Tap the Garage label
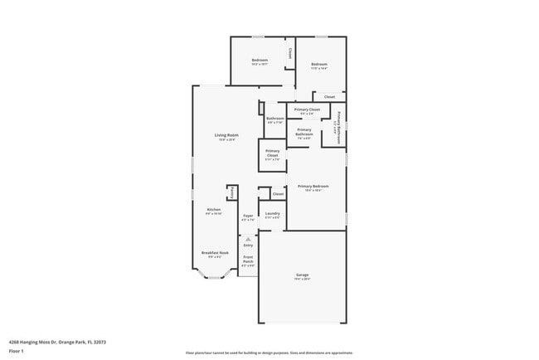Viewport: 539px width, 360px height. click(x=302, y=275)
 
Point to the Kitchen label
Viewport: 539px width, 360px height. click(x=214, y=210)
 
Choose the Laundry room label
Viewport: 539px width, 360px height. click(x=272, y=213)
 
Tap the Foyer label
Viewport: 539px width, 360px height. click(x=248, y=216)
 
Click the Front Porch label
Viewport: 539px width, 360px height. click(x=248, y=260)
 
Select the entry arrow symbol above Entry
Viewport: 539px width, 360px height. click(x=248, y=239)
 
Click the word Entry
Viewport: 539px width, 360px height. click(x=248, y=246)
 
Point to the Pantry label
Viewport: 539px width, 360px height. click(x=232, y=192)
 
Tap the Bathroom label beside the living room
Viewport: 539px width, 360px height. click(x=275, y=119)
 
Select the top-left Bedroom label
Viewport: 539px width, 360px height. click(x=260, y=61)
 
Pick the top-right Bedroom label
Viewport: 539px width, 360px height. click(x=319, y=65)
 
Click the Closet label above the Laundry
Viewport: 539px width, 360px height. click(x=278, y=194)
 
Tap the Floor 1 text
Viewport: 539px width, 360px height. click(x=16, y=351)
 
